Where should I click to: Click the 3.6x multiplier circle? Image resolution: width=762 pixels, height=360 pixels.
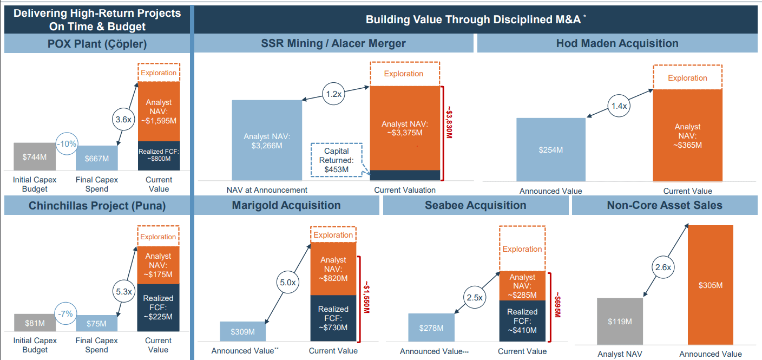tap(123, 120)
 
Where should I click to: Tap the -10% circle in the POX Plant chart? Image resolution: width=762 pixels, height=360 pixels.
tap(68, 144)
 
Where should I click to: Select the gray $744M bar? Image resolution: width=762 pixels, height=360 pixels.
tap(34, 157)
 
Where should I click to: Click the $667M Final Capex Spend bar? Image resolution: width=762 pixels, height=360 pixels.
tap(97, 158)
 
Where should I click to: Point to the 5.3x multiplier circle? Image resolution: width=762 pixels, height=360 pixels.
tap(123, 291)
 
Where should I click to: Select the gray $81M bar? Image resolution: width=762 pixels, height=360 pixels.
tap(35, 323)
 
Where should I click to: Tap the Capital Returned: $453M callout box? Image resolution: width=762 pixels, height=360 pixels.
tap(337, 160)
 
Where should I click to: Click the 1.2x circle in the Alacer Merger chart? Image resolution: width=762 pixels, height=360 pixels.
tap(334, 94)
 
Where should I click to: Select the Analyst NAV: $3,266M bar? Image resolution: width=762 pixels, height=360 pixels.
tap(267, 140)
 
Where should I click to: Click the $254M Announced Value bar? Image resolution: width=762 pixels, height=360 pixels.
tap(550, 149)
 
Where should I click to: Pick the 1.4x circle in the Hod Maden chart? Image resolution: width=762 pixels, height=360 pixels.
tap(619, 106)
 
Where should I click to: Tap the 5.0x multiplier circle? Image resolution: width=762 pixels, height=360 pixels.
tap(287, 282)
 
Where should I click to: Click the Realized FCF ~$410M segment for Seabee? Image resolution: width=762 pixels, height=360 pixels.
tap(522, 321)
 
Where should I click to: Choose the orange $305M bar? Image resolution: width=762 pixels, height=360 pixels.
tap(710, 285)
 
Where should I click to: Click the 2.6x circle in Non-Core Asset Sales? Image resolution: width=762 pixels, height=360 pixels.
tap(663, 267)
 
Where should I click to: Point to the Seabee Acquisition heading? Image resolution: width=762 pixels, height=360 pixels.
tap(475, 205)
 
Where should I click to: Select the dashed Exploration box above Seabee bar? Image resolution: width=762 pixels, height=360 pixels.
tap(522, 248)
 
